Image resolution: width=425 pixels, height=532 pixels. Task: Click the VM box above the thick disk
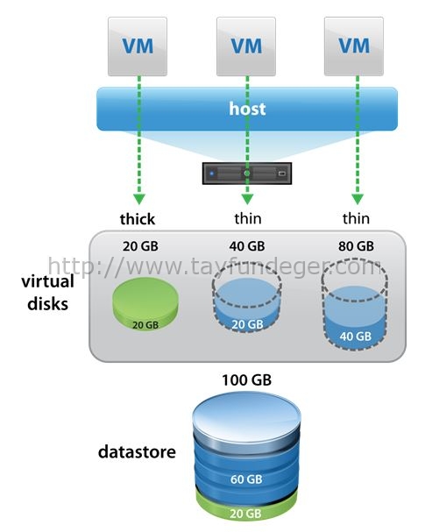coord(138,46)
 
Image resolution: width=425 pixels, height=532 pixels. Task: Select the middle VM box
coord(246,46)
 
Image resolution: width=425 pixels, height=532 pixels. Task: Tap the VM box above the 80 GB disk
coord(354,46)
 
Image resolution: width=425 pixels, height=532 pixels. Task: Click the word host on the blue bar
coord(247,109)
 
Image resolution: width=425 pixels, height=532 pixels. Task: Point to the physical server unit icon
coord(247,174)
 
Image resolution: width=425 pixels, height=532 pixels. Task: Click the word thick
coord(138,219)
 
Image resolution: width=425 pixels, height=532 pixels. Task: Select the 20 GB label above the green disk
coord(140,246)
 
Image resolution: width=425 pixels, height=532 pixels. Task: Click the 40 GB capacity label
coord(247,246)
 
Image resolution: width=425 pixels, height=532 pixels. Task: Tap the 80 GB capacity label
coord(356,246)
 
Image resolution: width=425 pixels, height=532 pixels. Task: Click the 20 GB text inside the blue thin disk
coord(248,324)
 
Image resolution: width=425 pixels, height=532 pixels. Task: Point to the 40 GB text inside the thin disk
coord(356,337)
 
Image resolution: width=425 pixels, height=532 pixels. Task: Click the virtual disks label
coord(48,293)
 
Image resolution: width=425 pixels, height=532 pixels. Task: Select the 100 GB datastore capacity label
coord(246,380)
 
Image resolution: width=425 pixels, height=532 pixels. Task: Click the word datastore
coord(137,452)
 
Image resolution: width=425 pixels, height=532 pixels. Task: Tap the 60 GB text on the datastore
coord(246,479)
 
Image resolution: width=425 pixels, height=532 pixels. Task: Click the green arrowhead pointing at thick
coord(139,199)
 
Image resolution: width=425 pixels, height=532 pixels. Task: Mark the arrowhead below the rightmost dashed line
coord(358,199)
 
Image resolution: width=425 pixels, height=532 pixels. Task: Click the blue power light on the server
coord(212,174)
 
